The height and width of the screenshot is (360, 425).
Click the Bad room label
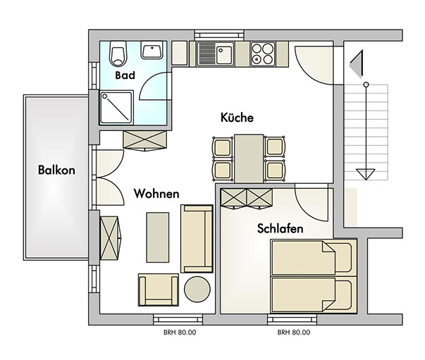[x=125, y=75]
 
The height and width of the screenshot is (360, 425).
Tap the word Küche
[x=237, y=117]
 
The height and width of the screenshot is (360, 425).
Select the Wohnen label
[x=156, y=194]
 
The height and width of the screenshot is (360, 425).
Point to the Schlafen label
[x=280, y=228]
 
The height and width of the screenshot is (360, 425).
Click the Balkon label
[x=56, y=170]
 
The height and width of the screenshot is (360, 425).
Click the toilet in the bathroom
[x=118, y=54]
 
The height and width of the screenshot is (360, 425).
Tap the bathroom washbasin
[x=152, y=50]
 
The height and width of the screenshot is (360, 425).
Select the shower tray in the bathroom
[x=116, y=108]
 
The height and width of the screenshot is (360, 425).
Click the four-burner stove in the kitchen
[x=262, y=54]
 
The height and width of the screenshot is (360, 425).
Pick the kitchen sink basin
[x=223, y=54]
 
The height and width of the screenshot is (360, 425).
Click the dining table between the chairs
[x=249, y=159]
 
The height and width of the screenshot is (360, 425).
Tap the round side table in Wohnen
[x=197, y=289]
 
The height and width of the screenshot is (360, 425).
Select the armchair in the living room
[x=159, y=290]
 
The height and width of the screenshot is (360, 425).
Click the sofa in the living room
[x=197, y=239]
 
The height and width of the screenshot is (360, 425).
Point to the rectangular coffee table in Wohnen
[x=158, y=237]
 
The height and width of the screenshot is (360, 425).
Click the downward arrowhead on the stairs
[x=366, y=174]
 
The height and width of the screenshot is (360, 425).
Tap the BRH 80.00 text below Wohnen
[x=180, y=333]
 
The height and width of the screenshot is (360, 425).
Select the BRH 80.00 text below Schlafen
[x=294, y=333]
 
